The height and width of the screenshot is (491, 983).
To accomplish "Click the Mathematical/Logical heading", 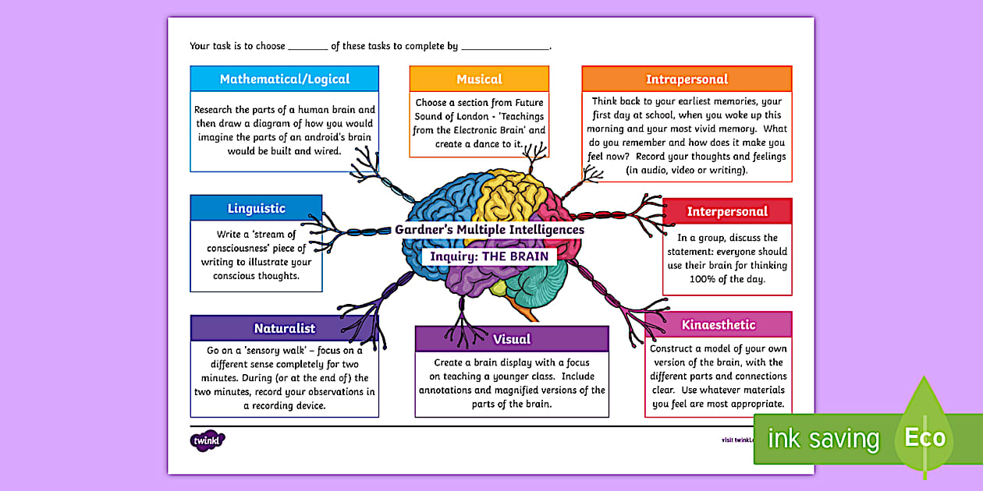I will pyautogui.click(x=284, y=79).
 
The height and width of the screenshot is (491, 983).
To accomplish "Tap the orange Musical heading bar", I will pyautogui.click(x=479, y=79).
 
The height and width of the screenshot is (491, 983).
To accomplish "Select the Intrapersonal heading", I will pyautogui.click(x=687, y=79).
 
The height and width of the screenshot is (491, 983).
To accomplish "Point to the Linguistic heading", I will pyautogui.click(x=256, y=208).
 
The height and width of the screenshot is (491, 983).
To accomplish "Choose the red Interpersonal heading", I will pyautogui.click(x=727, y=211).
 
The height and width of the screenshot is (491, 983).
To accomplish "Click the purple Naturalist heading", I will pyautogui.click(x=284, y=328).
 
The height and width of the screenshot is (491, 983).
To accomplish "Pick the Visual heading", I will pyautogui.click(x=512, y=339).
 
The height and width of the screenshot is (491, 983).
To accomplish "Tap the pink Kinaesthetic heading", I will pyautogui.click(x=718, y=325).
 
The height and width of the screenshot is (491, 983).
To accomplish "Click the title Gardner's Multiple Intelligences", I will pyautogui.click(x=489, y=230).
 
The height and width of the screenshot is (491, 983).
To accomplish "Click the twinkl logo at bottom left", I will pyautogui.click(x=208, y=440).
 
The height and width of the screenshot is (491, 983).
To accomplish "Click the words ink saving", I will pyautogui.click(x=822, y=439).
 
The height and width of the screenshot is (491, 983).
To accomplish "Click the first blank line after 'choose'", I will pyautogui.click(x=307, y=48).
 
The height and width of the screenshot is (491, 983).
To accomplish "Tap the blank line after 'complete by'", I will pyautogui.click(x=506, y=48).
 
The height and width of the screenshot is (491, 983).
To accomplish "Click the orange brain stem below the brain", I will pyautogui.click(x=530, y=313).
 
